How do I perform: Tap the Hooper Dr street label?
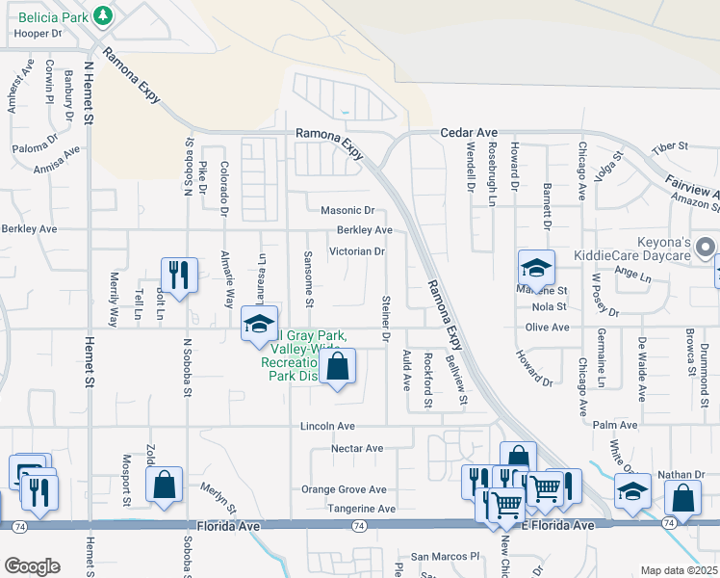click(x=39, y=33)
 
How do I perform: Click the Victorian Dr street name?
click(x=357, y=251)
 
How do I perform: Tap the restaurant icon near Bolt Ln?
click(x=179, y=276)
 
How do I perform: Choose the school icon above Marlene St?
click(x=536, y=268)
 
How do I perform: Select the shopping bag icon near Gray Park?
click(x=337, y=367)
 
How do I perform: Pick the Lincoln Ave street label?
click(x=328, y=426)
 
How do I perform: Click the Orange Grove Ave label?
click(x=344, y=489)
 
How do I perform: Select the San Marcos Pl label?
click(x=445, y=557)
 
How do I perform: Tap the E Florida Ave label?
click(x=557, y=525)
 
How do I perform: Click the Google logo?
click(x=32, y=566)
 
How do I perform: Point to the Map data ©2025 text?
click(x=679, y=570)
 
